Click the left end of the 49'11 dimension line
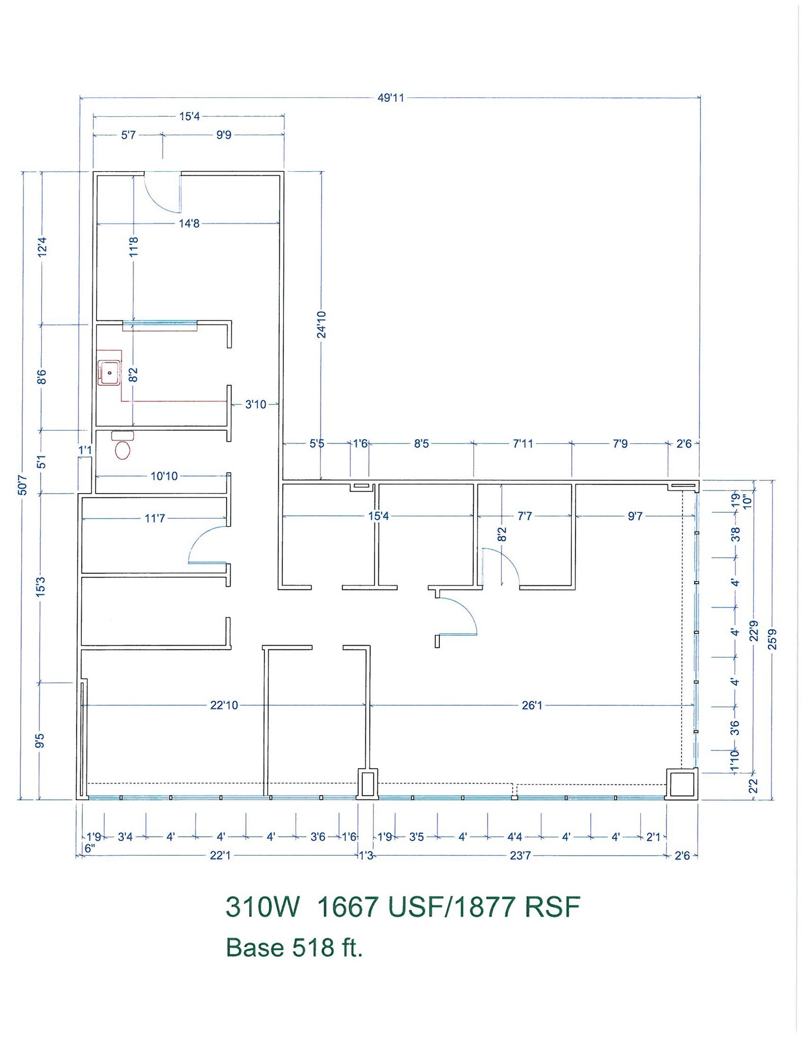click(81, 97)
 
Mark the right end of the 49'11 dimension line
click(700, 97)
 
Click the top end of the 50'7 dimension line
click(22, 172)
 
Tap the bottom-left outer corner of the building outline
click(77, 800)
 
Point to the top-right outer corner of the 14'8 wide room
click(283, 172)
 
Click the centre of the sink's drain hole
click(109, 372)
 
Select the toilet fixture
click(122, 445)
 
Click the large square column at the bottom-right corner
click(682, 784)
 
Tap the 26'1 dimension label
click(532, 705)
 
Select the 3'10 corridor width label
click(255, 404)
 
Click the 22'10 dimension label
click(224, 705)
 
